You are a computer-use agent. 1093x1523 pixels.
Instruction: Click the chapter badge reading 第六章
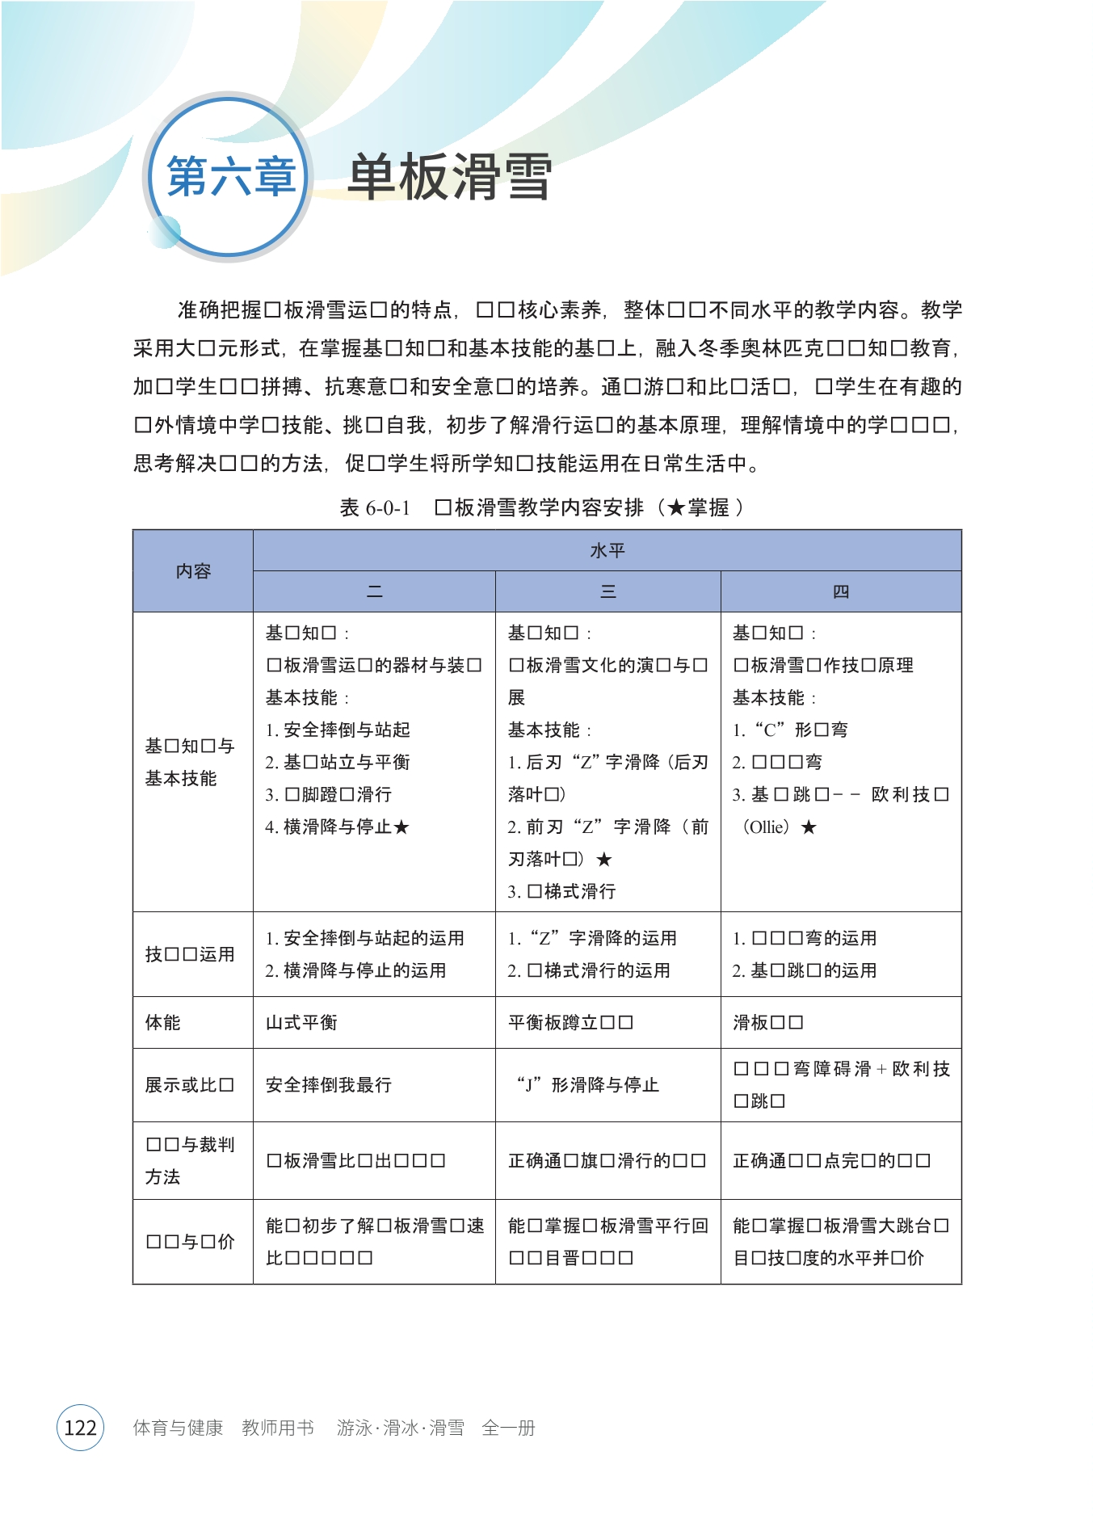click(x=230, y=177)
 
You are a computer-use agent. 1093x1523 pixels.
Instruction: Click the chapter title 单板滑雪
click(x=449, y=177)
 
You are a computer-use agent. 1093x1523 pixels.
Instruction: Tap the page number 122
click(x=80, y=1428)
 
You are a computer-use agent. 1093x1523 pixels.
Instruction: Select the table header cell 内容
click(x=193, y=571)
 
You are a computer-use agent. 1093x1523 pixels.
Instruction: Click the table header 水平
click(x=607, y=551)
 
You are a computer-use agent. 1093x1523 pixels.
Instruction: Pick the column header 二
click(x=374, y=592)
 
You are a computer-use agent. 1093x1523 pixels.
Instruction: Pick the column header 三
click(x=607, y=592)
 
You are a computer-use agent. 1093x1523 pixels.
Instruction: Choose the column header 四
click(x=840, y=592)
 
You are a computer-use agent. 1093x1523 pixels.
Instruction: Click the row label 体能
click(x=163, y=1023)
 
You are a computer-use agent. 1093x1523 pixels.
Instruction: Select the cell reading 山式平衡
click(x=301, y=1023)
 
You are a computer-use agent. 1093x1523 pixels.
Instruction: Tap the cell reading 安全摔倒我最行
click(x=329, y=1085)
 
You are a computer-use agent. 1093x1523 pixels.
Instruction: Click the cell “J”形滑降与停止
click(x=588, y=1085)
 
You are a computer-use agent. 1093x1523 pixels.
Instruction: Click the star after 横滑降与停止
click(x=401, y=827)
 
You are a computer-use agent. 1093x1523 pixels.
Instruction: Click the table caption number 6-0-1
click(x=388, y=508)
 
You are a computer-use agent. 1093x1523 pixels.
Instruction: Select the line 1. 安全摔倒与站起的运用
click(x=365, y=938)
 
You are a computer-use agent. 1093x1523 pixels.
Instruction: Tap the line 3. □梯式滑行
click(x=562, y=892)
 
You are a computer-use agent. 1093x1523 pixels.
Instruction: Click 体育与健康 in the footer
click(x=178, y=1428)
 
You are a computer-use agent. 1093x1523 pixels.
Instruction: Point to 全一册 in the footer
click(x=508, y=1428)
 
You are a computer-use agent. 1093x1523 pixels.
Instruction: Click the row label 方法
click(x=163, y=1177)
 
